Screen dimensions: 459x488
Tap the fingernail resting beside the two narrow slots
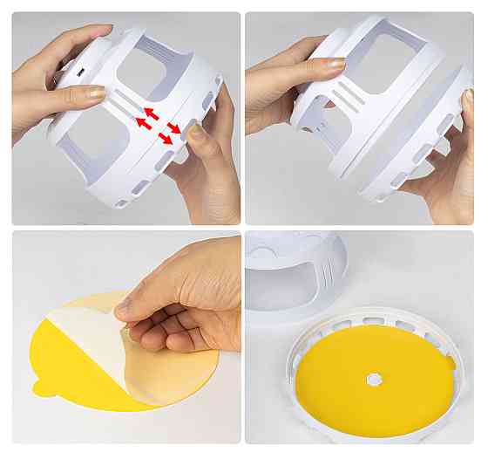pyautogui.click(x=95, y=92)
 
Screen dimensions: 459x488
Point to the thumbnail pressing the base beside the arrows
pyautogui.click(x=197, y=134)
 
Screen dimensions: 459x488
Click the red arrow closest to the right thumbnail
pyautogui.click(x=173, y=129)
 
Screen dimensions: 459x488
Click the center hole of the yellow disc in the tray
pyautogui.click(x=374, y=380)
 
